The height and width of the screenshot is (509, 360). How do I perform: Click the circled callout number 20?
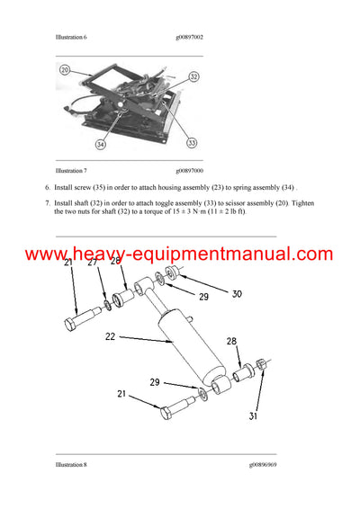coord(65,70)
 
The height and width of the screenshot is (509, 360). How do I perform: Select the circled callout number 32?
coord(193,78)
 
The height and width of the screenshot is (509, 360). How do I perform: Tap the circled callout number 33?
coord(192,141)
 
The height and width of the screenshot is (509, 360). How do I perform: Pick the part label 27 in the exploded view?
coord(93,263)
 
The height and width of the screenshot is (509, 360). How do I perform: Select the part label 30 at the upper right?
coord(237,294)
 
